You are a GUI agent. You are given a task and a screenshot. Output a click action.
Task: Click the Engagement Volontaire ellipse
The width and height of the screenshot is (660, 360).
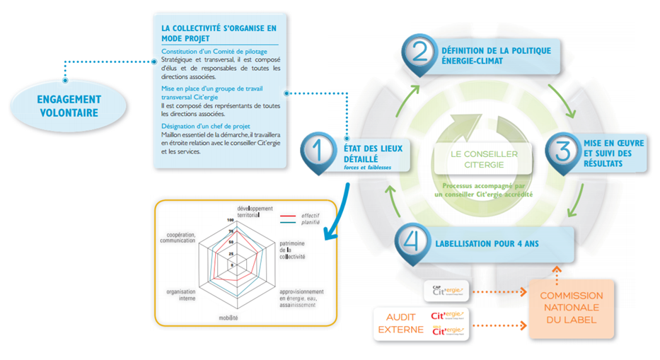click(69, 106)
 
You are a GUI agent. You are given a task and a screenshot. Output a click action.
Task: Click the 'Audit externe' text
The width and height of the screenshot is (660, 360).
click(400, 323)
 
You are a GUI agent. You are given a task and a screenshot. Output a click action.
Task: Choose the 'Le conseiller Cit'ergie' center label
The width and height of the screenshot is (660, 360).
click(485, 159)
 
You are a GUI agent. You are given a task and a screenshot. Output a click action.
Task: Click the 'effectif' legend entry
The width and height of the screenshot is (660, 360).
click(310, 214)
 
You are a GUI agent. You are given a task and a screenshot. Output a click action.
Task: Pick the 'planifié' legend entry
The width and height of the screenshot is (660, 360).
click(310, 222)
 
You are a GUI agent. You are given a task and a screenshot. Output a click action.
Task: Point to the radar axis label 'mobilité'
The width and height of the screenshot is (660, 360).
click(228, 318)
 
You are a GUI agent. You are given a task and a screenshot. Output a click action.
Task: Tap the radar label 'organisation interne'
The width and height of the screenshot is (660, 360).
click(181, 294)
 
